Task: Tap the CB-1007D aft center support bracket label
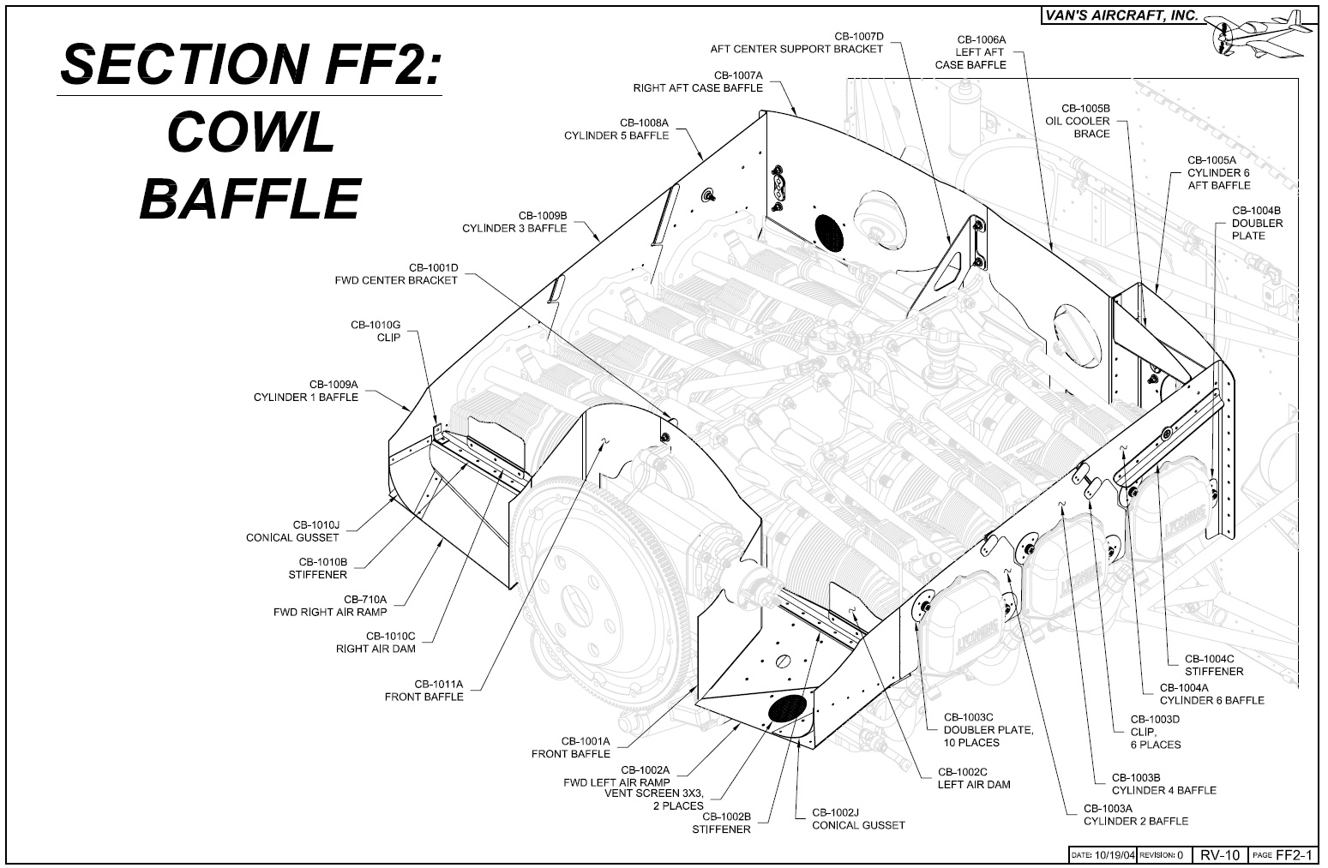pyautogui.click(x=796, y=43)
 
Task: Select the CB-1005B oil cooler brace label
pyautogui.click(x=1078, y=121)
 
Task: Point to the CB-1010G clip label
pyautogui.click(x=376, y=331)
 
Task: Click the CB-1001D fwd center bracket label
pyautogui.click(x=396, y=274)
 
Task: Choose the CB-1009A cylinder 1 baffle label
pyautogui.click(x=306, y=391)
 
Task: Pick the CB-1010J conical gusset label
pyautogui.click(x=292, y=531)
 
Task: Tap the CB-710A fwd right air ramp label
pyautogui.click(x=330, y=606)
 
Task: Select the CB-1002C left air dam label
pyautogui.click(x=974, y=778)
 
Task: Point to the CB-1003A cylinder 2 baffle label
pyautogui.click(x=1136, y=815)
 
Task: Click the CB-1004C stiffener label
pyautogui.click(x=1214, y=665)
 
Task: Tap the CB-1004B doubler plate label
pyautogui.click(x=1258, y=223)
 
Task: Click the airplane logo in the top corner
pyautogui.click(x=1259, y=35)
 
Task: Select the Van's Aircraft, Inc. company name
pyautogui.click(x=1122, y=15)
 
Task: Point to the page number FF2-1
pyautogui.click(x=1295, y=854)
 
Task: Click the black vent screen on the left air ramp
pyautogui.click(x=787, y=708)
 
